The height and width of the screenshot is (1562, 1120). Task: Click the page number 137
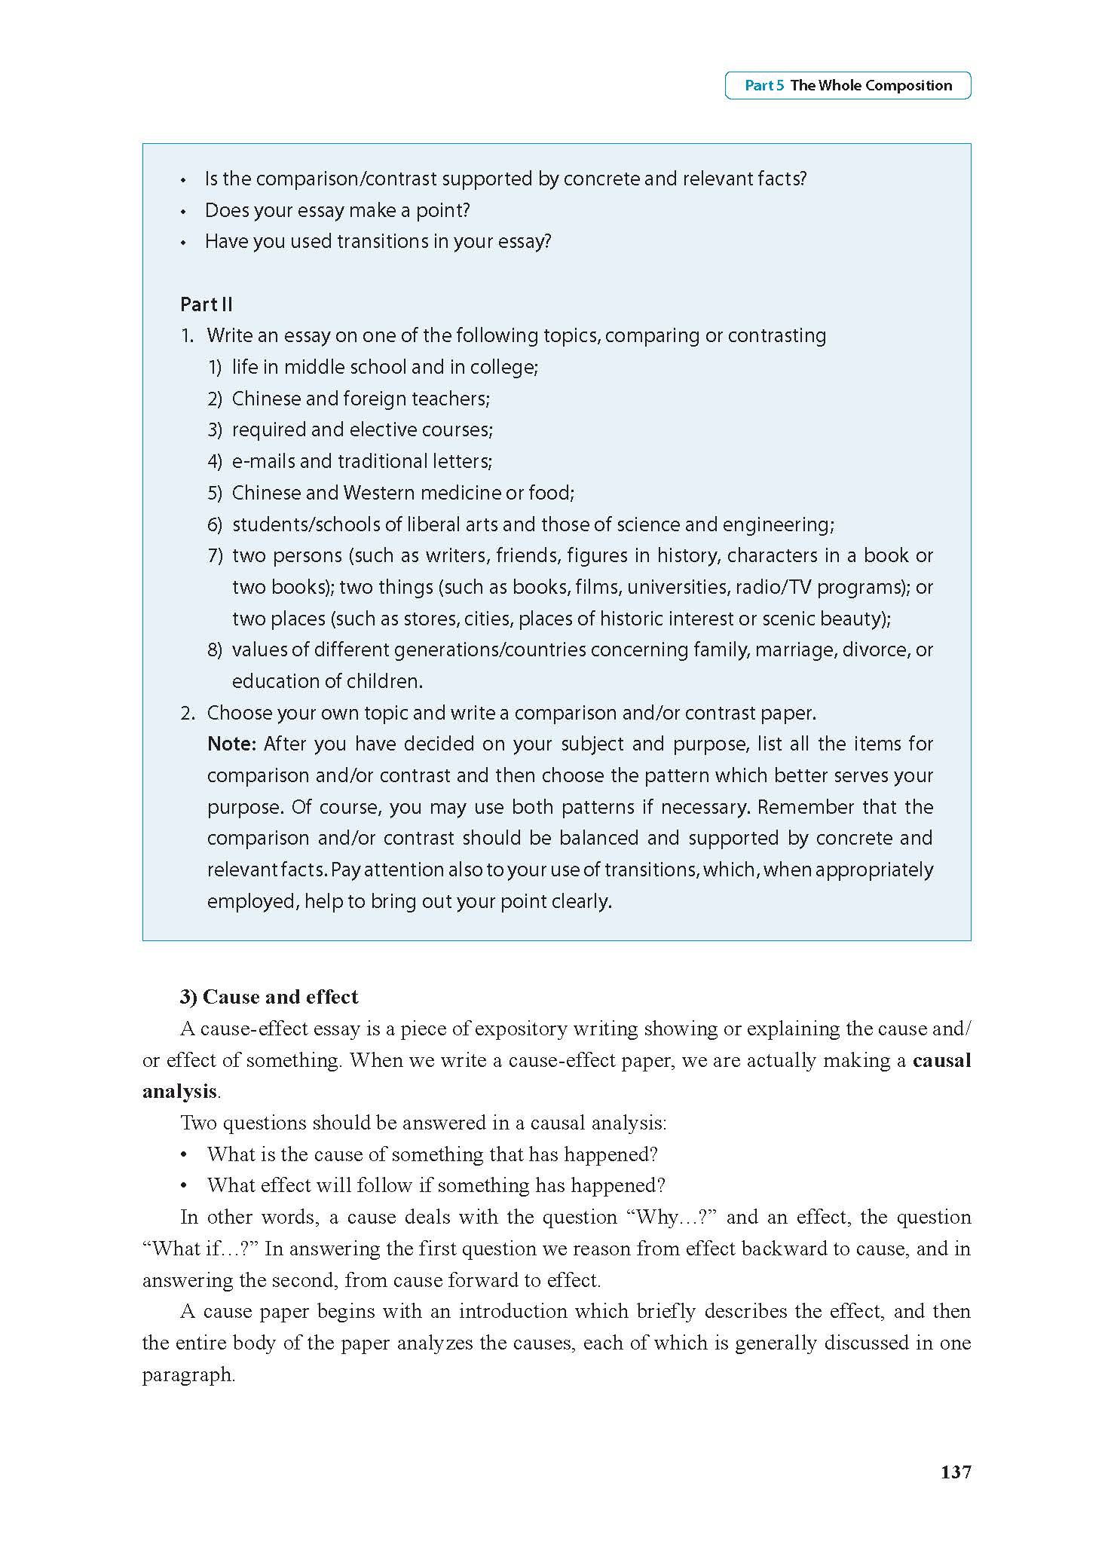956,1472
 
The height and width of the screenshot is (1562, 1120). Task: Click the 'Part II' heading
206,304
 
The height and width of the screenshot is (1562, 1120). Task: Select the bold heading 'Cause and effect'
280,997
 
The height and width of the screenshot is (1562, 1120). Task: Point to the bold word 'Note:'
232,744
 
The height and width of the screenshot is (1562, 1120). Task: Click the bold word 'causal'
941,1060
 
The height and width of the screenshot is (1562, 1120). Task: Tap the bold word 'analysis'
179,1092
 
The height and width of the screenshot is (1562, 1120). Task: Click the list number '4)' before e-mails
215,461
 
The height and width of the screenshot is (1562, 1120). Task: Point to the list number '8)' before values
215,650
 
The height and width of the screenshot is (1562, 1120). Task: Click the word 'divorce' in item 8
874,650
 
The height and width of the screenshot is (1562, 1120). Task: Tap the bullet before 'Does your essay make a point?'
182,212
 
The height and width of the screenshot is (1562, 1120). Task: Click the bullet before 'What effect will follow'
183,1186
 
